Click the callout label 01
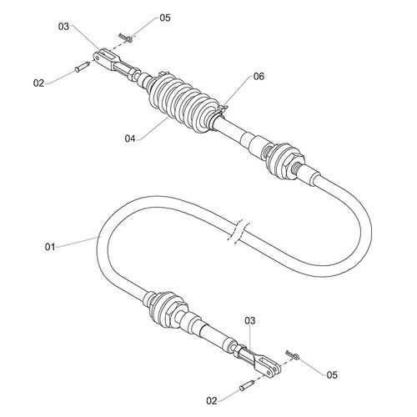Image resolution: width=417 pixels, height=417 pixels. coord(50,247)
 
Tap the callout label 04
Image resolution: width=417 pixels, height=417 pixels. coord(130,138)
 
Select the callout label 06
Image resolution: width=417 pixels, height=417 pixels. coord(259,77)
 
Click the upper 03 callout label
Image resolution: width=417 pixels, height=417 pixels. coord(63,27)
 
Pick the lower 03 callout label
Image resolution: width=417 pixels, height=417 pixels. coord(250,321)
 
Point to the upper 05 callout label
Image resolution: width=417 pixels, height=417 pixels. coord(165,18)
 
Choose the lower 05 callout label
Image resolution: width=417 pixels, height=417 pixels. coord(332,375)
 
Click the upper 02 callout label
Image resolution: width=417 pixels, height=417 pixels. coord(38,83)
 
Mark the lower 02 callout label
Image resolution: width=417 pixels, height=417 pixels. coord(212,400)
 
